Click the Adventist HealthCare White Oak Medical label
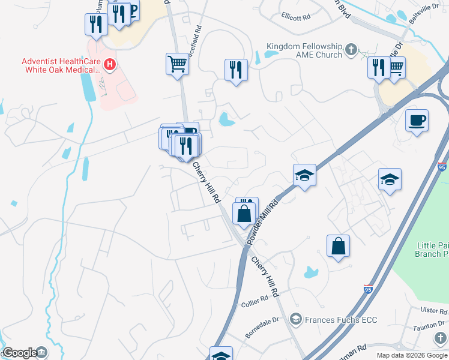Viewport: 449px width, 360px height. tap(60, 65)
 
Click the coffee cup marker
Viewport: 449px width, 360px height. tap(417, 121)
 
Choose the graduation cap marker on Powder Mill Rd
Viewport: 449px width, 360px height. tap(304, 175)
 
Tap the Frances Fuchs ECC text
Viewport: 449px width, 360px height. tap(340, 320)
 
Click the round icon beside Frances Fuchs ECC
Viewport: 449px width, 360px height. tap(295, 320)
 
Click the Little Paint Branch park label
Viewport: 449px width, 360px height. tap(432, 250)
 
